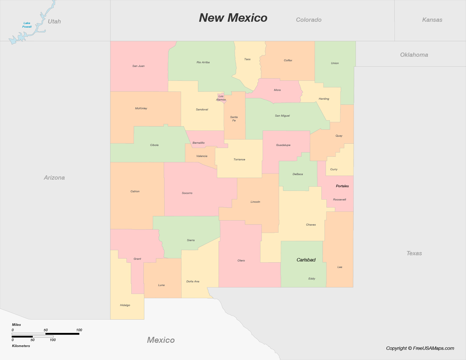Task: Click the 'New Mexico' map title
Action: point(233,18)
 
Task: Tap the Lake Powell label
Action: point(27,25)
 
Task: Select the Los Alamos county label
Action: point(221,98)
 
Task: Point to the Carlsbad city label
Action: point(306,260)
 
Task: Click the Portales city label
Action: point(342,186)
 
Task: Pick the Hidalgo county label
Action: point(125,305)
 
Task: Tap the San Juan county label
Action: point(138,66)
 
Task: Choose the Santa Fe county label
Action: point(234,119)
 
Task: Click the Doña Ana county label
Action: point(193,282)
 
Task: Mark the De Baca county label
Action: point(298,174)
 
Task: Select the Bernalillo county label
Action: point(199,143)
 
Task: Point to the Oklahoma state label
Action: point(414,55)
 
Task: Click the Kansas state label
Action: point(432,20)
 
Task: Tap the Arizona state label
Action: point(54,178)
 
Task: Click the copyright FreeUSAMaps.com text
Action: point(420,348)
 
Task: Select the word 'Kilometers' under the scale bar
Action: point(21,346)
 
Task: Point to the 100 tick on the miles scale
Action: point(79,330)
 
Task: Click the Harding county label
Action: point(324,99)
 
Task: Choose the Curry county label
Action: point(334,169)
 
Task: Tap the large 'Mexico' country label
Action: point(161,340)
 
